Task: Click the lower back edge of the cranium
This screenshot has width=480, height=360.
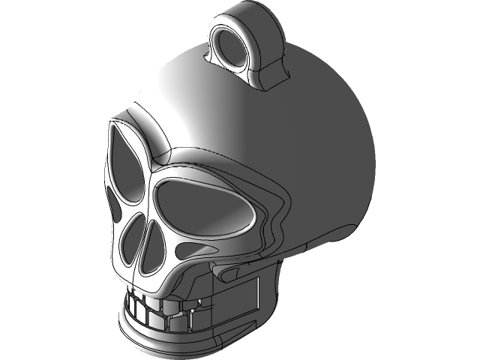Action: [352, 225]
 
